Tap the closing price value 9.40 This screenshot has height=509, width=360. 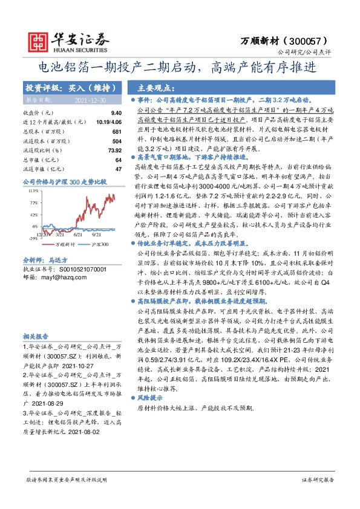[116, 112]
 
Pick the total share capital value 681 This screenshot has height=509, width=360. [117, 131]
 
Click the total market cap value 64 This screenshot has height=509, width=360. [119, 160]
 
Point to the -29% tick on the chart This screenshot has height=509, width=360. [34, 239]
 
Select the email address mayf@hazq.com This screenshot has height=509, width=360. [57, 277]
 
